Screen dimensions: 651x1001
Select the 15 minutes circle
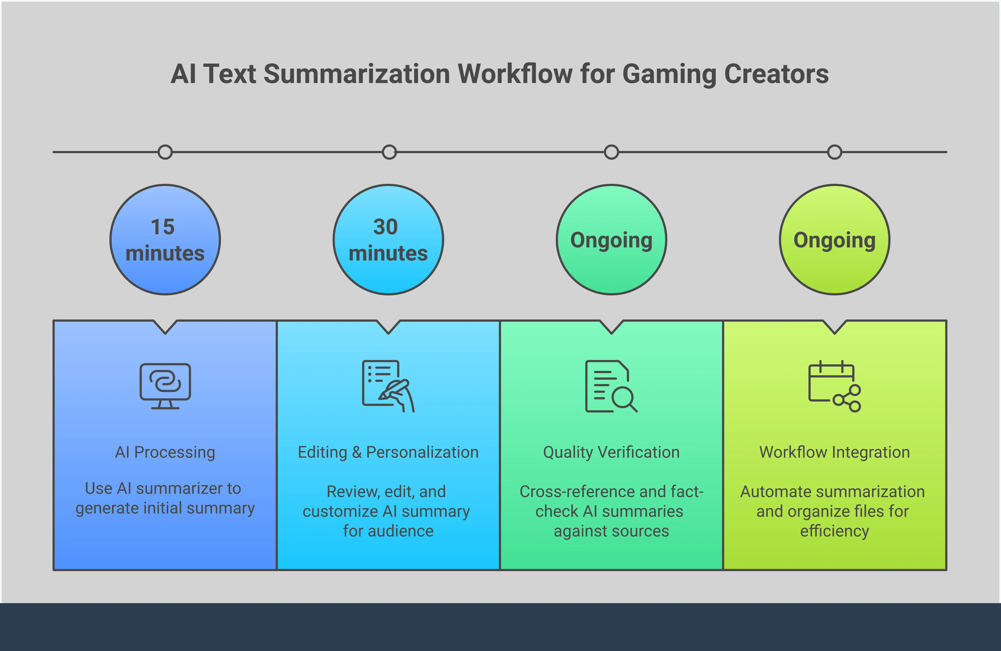tap(165, 240)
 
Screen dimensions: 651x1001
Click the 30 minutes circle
tap(388, 240)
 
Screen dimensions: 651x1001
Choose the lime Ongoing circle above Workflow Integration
tap(834, 240)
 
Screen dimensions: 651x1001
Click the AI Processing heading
tap(165, 452)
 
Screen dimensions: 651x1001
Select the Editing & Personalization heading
tap(388, 452)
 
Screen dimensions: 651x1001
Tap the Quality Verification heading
tap(611, 452)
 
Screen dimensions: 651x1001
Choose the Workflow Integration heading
tap(834, 452)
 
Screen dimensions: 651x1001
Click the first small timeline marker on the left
tap(165, 152)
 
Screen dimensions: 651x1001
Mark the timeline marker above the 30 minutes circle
tap(389, 152)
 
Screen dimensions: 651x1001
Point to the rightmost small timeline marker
tap(834, 152)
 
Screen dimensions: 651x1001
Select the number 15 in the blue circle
tap(163, 227)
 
